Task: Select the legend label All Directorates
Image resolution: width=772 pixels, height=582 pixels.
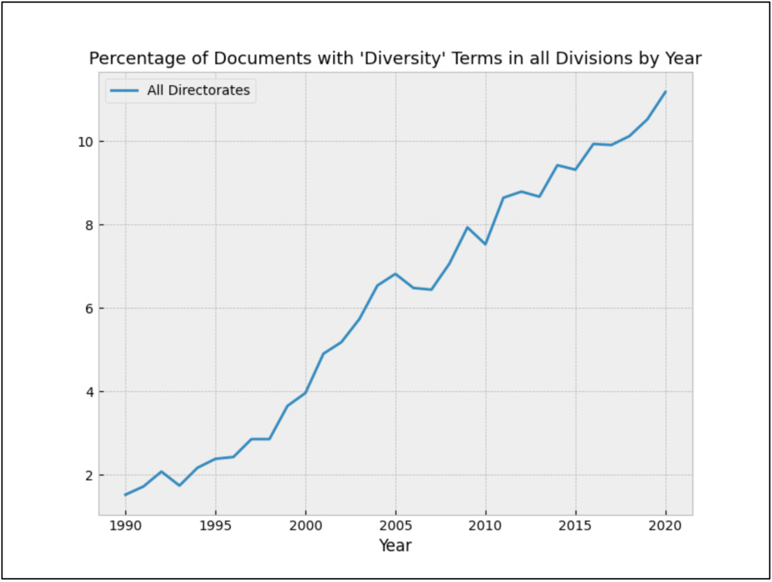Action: [x=198, y=91]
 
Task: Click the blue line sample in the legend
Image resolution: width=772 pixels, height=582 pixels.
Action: [x=124, y=91]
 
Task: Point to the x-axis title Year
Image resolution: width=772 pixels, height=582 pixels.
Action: [x=395, y=546]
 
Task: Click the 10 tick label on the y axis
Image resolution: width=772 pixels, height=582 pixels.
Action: [x=85, y=142]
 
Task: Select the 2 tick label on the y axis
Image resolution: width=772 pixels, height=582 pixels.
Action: [x=88, y=475]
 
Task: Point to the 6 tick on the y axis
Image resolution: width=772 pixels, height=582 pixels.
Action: [x=88, y=308]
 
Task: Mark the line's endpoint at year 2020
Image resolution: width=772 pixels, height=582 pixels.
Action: [x=666, y=91]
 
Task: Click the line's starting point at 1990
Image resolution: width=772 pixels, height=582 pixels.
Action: [x=125, y=494]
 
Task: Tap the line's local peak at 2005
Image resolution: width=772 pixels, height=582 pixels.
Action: [x=396, y=274]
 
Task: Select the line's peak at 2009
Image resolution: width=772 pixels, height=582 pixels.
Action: [x=468, y=227]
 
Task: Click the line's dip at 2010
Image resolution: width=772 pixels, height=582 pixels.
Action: [x=486, y=244]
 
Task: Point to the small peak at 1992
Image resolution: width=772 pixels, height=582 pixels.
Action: [x=161, y=471]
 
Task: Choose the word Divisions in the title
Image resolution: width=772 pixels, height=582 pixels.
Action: [x=591, y=59]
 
